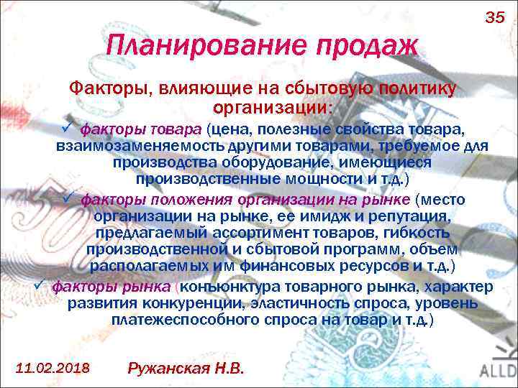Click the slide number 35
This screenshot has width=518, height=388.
pyautogui.click(x=495, y=17)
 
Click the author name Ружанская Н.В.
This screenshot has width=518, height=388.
pyautogui.click(x=186, y=368)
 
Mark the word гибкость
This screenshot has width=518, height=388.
pyautogui.click(x=417, y=233)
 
